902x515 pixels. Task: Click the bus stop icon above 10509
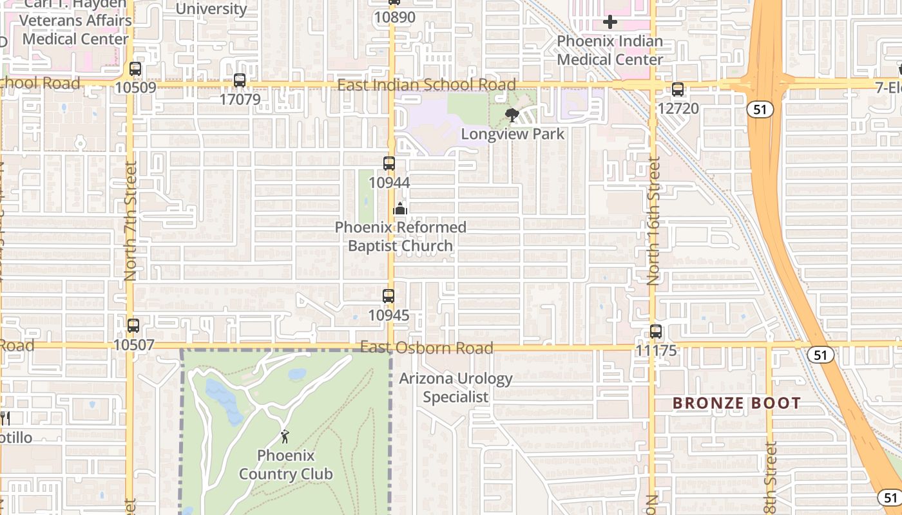(135, 69)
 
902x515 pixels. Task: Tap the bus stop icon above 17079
(240, 81)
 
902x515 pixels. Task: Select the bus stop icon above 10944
(389, 164)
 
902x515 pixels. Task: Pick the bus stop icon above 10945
(389, 297)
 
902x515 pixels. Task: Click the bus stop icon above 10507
(133, 326)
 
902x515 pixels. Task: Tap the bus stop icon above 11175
(656, 332)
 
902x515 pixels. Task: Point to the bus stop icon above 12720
(678, 90)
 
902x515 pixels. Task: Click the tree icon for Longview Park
(512, 116)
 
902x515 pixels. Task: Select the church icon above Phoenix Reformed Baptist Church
(400, 209)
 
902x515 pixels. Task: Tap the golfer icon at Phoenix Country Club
(285, 437)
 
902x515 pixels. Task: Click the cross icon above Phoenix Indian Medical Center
(609, 23)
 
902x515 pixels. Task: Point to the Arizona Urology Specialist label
(456, 388)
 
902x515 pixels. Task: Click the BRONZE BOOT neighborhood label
(736, 404)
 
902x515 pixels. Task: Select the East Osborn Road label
(427, 348)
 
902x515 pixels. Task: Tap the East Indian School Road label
(427, 85)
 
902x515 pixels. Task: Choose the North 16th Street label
(654, 221)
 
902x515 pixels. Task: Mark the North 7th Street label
(131, 221)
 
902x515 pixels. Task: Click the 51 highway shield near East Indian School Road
(760, 109)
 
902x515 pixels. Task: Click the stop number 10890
(395, 17)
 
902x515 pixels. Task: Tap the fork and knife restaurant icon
(5, 418)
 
